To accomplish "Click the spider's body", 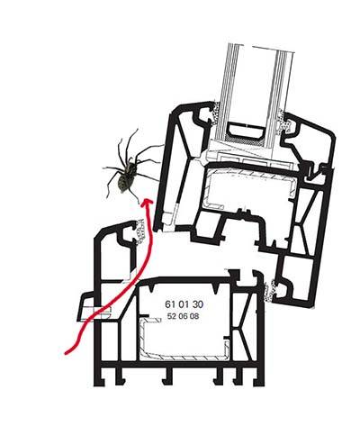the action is point(126,177).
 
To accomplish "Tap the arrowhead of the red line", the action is point(147,202).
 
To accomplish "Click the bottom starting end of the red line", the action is point(66,353).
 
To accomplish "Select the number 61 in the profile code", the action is point(170,304).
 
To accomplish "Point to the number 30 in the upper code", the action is point(198,304).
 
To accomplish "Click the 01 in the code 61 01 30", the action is point(184,304).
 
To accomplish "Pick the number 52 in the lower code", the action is point(171,316).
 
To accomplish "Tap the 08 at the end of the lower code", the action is point(194,316).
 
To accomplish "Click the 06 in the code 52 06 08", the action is point(183,316).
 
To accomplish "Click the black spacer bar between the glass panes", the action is point(246,129).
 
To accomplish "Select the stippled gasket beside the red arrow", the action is point(139,231).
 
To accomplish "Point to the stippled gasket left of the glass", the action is point(216,113).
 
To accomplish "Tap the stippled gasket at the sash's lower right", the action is point(269,291).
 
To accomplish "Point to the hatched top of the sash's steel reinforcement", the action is point(250,175).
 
